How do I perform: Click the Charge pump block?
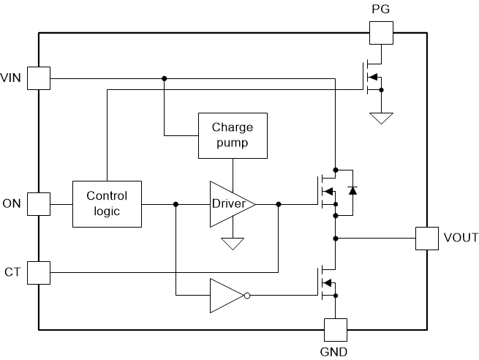[233, 135]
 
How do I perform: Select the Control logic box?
[107, 204]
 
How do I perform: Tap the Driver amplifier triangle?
[231, 204]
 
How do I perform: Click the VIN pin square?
[39, 78]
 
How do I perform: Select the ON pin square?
[39, 204]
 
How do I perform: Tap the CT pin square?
[39, 273]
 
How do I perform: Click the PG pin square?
[380, 32]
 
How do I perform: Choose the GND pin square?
[335, 329]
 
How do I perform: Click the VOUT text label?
[461, 238]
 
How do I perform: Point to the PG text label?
[380, 9]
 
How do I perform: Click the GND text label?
[334, 352]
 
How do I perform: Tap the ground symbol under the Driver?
[233, 244]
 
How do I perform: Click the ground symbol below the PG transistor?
[380, 118]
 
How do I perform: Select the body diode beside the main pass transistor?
[352, 191]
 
